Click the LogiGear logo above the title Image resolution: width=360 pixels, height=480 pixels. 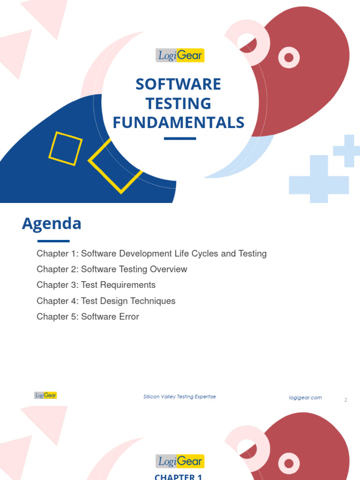click(180, 55)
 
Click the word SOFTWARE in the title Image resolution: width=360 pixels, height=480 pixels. click(178, 84)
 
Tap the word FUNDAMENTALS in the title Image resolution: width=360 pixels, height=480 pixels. click(178, 122)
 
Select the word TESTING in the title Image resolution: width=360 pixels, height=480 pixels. click(178, 104)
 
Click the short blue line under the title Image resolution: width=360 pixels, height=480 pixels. click(180, 138)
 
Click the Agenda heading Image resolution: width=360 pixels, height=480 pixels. click(52, 224)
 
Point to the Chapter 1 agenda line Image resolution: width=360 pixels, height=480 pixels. click(151, 254)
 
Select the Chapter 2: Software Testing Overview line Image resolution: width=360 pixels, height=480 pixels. click(112, 269)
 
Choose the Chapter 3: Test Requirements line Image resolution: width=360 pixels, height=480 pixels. click(96, 285)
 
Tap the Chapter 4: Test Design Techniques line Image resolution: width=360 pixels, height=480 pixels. click(106, 301)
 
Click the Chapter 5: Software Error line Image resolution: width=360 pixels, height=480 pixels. click(88, 317)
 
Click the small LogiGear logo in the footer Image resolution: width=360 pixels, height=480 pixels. click(45, 395)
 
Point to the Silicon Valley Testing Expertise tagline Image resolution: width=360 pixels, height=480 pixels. click(180, 397)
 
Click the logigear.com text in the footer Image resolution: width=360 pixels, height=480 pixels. click(305, 397)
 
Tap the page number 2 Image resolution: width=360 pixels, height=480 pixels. click(345, 400)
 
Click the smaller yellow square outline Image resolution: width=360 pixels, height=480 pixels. click(65, 149)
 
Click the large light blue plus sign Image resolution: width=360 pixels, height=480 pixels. click(319, 179)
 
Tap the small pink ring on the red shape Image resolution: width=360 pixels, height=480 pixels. click(289, 58)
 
